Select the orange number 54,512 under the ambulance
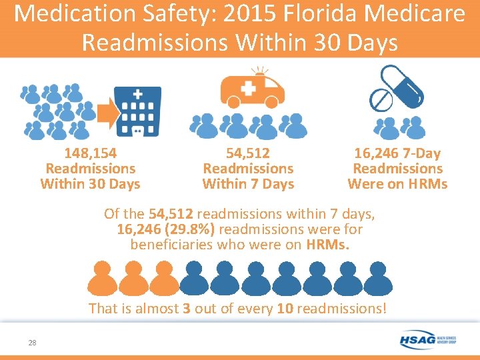pos(248,154)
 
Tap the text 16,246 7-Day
pos(397,154)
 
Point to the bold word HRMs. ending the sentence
pos(327,245)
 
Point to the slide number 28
pos(32,343)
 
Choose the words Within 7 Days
pos(248,184)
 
